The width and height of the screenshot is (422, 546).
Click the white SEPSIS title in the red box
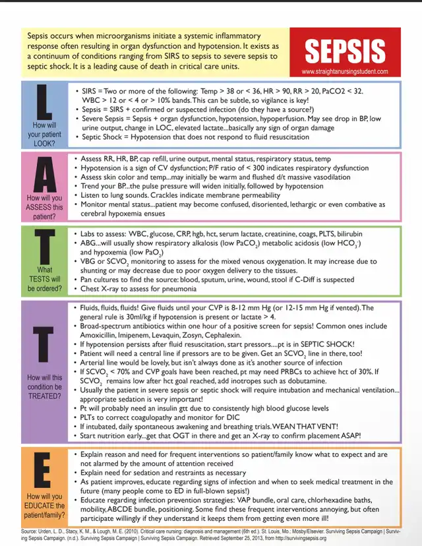pyautogui.click(x=346, y=51)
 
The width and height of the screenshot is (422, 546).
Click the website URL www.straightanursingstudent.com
pyautogui.click(x=346, y=71)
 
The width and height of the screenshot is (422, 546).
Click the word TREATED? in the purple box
pyautogui.click(x=45, y=396)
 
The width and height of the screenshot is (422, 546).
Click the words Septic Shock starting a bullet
pyautogui.click(x=103, y=136)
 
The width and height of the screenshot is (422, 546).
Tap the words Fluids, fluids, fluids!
pyautogui.click(x=109, y=308)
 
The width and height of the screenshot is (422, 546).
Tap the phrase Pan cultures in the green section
pyautogui.click(x=101, y=280)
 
